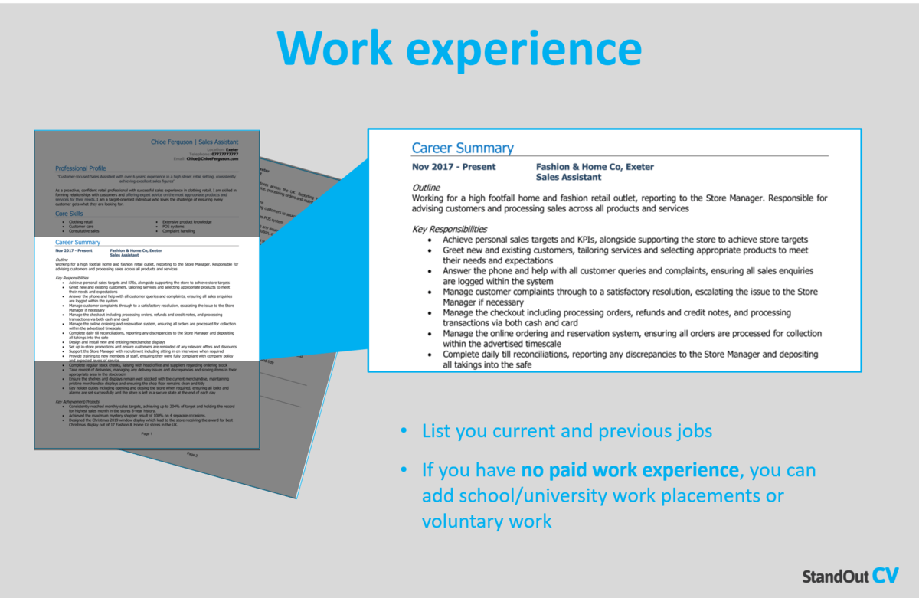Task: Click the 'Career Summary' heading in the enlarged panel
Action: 463,149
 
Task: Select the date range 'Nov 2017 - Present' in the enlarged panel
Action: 453,167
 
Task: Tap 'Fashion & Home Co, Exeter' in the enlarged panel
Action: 594,167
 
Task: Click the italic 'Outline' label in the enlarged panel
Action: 426,188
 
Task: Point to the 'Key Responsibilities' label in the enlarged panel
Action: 450,229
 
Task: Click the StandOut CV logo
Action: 850,576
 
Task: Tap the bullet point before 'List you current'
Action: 404,432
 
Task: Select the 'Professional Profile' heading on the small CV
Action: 80,168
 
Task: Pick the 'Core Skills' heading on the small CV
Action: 70,214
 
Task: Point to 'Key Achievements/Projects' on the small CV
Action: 77,401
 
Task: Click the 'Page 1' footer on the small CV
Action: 146,434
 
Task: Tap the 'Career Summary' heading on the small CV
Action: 78,242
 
